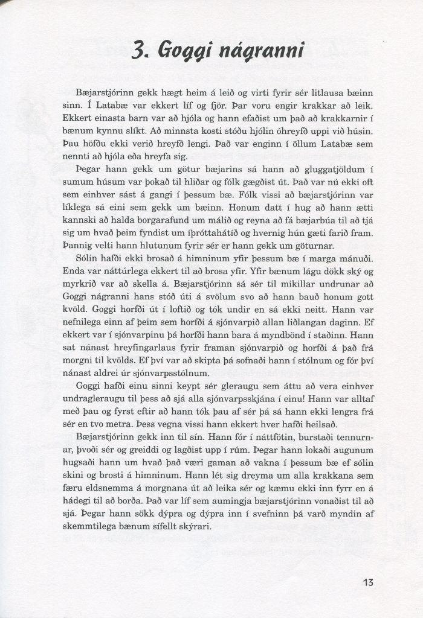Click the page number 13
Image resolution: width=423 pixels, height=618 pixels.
(x=368, y=582)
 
